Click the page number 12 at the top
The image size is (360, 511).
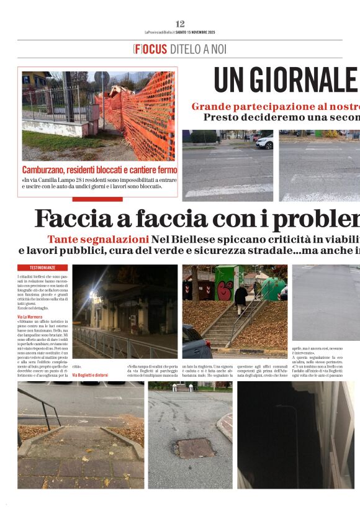180,24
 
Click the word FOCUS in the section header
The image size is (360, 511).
150,49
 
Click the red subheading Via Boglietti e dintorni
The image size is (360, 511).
90,375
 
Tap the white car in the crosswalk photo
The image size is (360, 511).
265,142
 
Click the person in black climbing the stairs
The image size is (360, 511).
241,299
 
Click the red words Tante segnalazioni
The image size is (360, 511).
97,240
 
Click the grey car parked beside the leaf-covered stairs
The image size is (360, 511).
196,342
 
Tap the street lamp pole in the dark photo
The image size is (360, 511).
294,435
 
